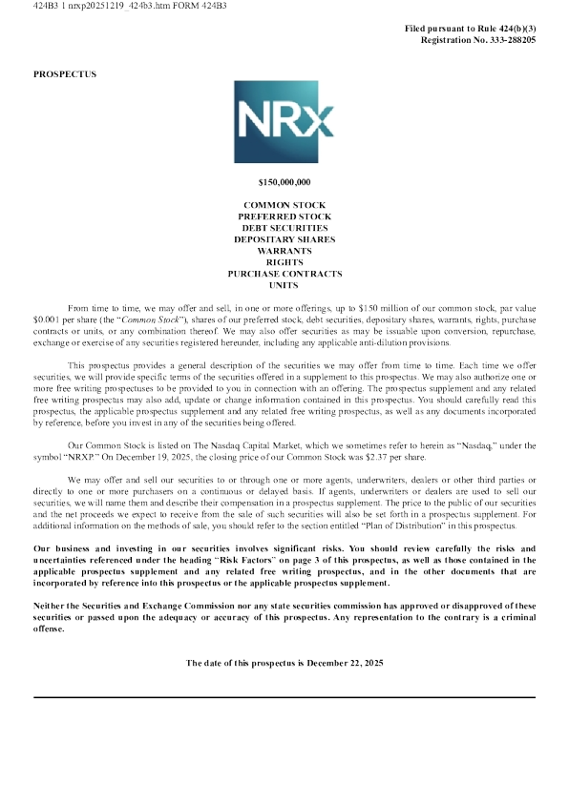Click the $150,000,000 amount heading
[284, 181]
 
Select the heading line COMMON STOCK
[284, 205]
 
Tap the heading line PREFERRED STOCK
[284, 216]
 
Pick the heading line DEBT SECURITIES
[284, 228]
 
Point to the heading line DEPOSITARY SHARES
[284, 239]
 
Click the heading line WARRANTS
[284, 251]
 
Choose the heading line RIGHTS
[284, 262]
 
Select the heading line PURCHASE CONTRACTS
[284, 274]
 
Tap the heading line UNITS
[284, 285]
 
